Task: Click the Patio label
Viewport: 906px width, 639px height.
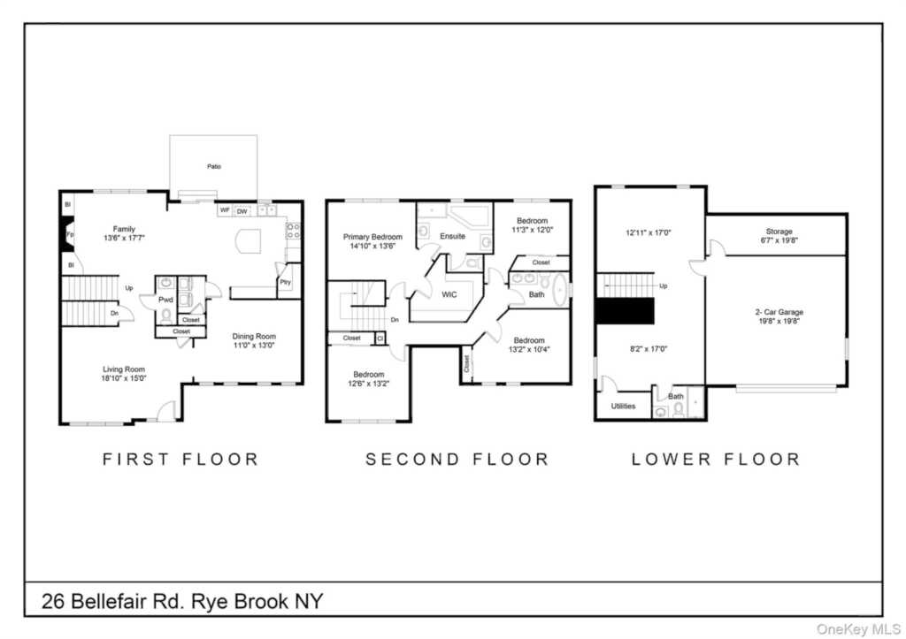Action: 213,165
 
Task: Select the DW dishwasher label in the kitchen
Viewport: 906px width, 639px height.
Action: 242,210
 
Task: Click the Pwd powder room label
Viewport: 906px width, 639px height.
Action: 165,300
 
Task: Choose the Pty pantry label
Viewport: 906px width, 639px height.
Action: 285,282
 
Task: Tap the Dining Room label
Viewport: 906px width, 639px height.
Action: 254,336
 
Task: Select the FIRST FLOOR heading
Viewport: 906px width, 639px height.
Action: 180,459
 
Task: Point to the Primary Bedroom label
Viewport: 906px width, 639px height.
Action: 372,237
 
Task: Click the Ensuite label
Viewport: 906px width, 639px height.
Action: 452,236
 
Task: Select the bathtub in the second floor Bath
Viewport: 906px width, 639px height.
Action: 559,290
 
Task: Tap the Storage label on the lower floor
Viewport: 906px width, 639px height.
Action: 779,232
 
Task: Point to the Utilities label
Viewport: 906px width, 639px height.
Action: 623,407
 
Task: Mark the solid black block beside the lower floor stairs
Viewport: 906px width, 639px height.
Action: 624,312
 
